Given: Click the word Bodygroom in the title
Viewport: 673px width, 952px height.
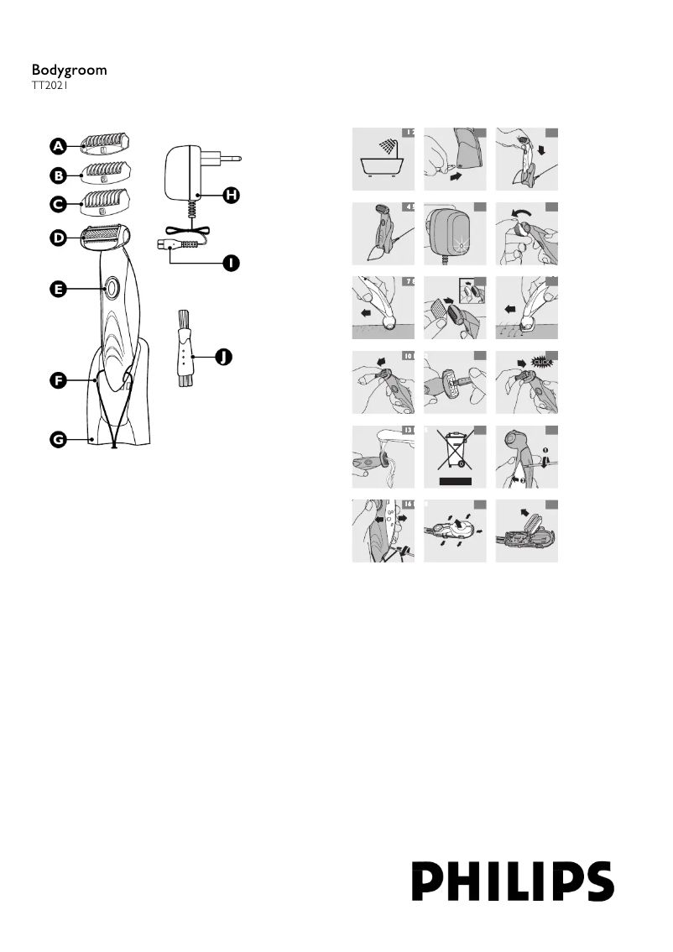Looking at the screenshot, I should click(70, 71).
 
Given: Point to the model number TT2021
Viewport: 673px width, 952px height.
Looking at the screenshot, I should click(50, 85).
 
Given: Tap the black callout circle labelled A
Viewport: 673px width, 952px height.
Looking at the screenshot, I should click(57, 146).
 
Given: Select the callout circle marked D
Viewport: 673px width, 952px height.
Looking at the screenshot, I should click(57, 238).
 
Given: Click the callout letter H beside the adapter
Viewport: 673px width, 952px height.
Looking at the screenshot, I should click(230, 195).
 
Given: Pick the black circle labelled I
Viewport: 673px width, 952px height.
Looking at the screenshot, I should click(230, 264).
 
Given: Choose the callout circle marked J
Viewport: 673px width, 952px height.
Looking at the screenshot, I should click(222, 358).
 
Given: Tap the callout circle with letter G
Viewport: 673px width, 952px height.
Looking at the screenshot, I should click(57, 437).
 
